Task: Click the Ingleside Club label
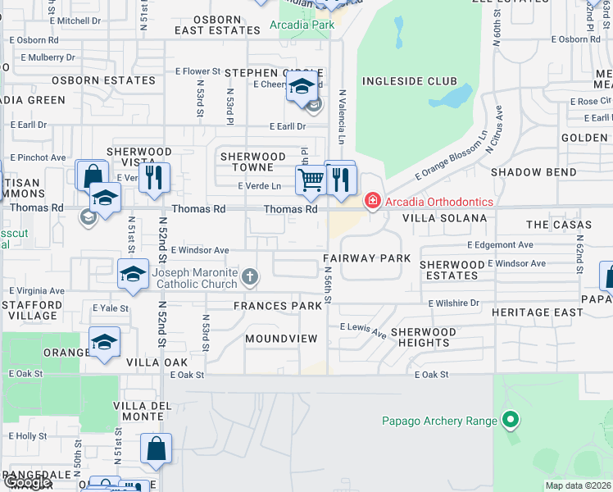[x=409, y=81]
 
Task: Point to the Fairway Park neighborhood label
[x=366, y=258]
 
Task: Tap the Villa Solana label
[x=444, y=219]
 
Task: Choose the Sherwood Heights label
[x=423, y=337]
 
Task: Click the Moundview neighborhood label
[x=281, y=338]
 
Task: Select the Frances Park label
[x=277, y=306]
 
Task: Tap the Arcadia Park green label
[x=302, y=25]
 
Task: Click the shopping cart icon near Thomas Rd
[x=311, y=179]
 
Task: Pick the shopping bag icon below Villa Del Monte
[x=156, y=449]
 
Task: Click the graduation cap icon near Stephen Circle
[x=302, y=85]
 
